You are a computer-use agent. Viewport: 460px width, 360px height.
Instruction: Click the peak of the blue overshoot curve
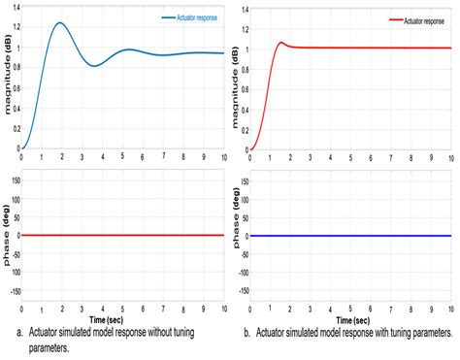click(60, 23)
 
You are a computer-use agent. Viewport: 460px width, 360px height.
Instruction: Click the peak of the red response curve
click(281, 42)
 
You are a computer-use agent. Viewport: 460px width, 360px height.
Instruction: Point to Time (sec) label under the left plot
click(121, 318)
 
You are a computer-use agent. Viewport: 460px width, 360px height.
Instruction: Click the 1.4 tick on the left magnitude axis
click(14, 9)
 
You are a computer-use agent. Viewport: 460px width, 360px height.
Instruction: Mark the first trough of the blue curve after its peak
click(94, 65)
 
